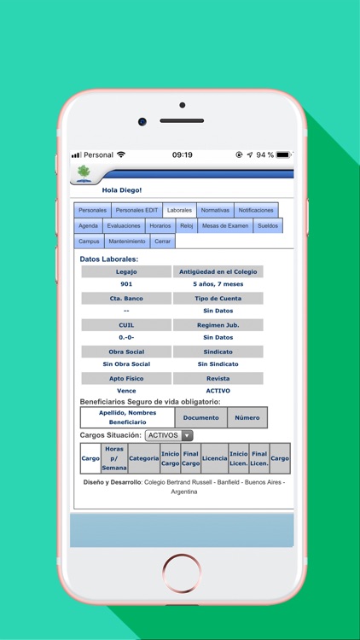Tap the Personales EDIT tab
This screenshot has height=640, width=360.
point(136,210)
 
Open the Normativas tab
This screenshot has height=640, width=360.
point(215,210)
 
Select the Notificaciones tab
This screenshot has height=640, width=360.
point(256,210)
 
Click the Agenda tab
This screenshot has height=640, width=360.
point(88,226)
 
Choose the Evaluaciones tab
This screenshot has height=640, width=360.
point(124,226)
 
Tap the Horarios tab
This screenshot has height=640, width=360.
point(160,226)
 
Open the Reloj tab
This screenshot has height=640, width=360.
point(187,226)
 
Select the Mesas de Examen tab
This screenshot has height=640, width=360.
point(226,226)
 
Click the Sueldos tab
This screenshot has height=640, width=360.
point(267,226)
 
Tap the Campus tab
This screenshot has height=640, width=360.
point(89,241)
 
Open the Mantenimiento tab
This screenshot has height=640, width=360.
point(127,241)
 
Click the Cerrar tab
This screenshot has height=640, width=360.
point(162,241)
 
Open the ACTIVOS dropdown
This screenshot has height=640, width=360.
point(169,435)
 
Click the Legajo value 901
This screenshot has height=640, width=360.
point(126,284)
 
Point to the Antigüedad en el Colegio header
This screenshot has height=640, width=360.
point(218,271)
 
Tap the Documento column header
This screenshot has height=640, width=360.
point(201,417)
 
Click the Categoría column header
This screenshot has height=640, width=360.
point(144,458)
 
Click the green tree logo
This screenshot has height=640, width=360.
point(84,172)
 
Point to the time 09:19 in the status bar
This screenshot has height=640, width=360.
point(182,154)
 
